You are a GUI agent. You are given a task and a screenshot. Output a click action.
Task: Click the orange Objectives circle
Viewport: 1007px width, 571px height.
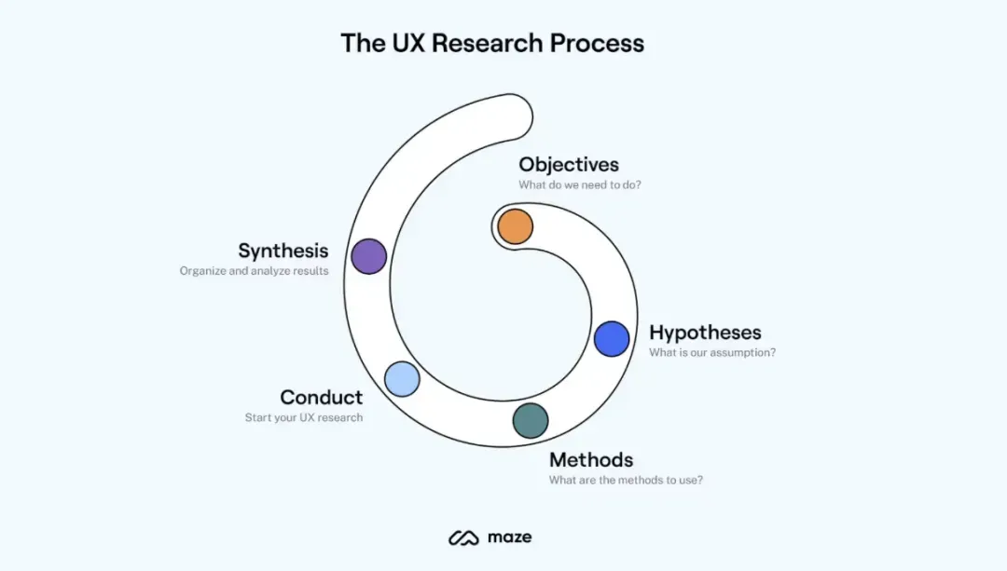click(x=515, y=226)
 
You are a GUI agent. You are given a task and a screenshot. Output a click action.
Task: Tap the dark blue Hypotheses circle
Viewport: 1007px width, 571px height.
click(x=612, y=339)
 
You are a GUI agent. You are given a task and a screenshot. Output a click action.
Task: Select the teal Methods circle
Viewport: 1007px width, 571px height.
click(x=531, y=421)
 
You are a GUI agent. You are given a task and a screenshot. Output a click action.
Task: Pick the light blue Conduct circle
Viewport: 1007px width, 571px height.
click(x=402, y=378)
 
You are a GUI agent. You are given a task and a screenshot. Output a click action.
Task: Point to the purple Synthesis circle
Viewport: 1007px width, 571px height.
click(x=368, y=256)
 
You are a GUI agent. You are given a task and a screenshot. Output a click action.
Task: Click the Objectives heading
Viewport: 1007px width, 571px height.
click(x=569, y=165)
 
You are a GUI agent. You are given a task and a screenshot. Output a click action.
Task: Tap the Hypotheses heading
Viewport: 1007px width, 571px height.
click(x=705, y=333)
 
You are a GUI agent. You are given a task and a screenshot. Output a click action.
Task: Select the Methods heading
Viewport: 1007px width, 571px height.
click(x=591, y=460)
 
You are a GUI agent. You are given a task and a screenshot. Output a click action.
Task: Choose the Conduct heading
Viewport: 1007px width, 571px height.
click(x=321, y=397)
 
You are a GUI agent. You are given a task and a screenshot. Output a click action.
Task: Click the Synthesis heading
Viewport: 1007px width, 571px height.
click(x=283, y=251)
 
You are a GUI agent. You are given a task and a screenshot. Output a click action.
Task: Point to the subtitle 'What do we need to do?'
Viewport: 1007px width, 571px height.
click(x=580, y=184)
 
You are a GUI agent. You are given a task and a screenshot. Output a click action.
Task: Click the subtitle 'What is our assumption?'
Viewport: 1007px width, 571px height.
click(x=712, y=352)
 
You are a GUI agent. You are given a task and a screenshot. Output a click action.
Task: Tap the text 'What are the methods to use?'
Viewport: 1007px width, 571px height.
click(x=627, y=480)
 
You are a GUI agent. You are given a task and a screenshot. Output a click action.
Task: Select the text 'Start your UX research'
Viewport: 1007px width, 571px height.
click(x=304, y=417)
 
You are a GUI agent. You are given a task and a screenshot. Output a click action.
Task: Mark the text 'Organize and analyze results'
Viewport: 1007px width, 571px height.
click(x=255, y=271)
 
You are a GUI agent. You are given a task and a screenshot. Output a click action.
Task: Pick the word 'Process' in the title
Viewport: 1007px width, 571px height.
click(x=597, y=44)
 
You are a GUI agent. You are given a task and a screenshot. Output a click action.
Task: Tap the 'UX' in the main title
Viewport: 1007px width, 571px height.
click(x=407, y=44)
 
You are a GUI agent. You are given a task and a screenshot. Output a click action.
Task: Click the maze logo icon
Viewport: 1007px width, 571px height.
click(x=463, y=537)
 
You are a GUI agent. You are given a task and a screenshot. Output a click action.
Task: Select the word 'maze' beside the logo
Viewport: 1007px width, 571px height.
click(x=510, y=537)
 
